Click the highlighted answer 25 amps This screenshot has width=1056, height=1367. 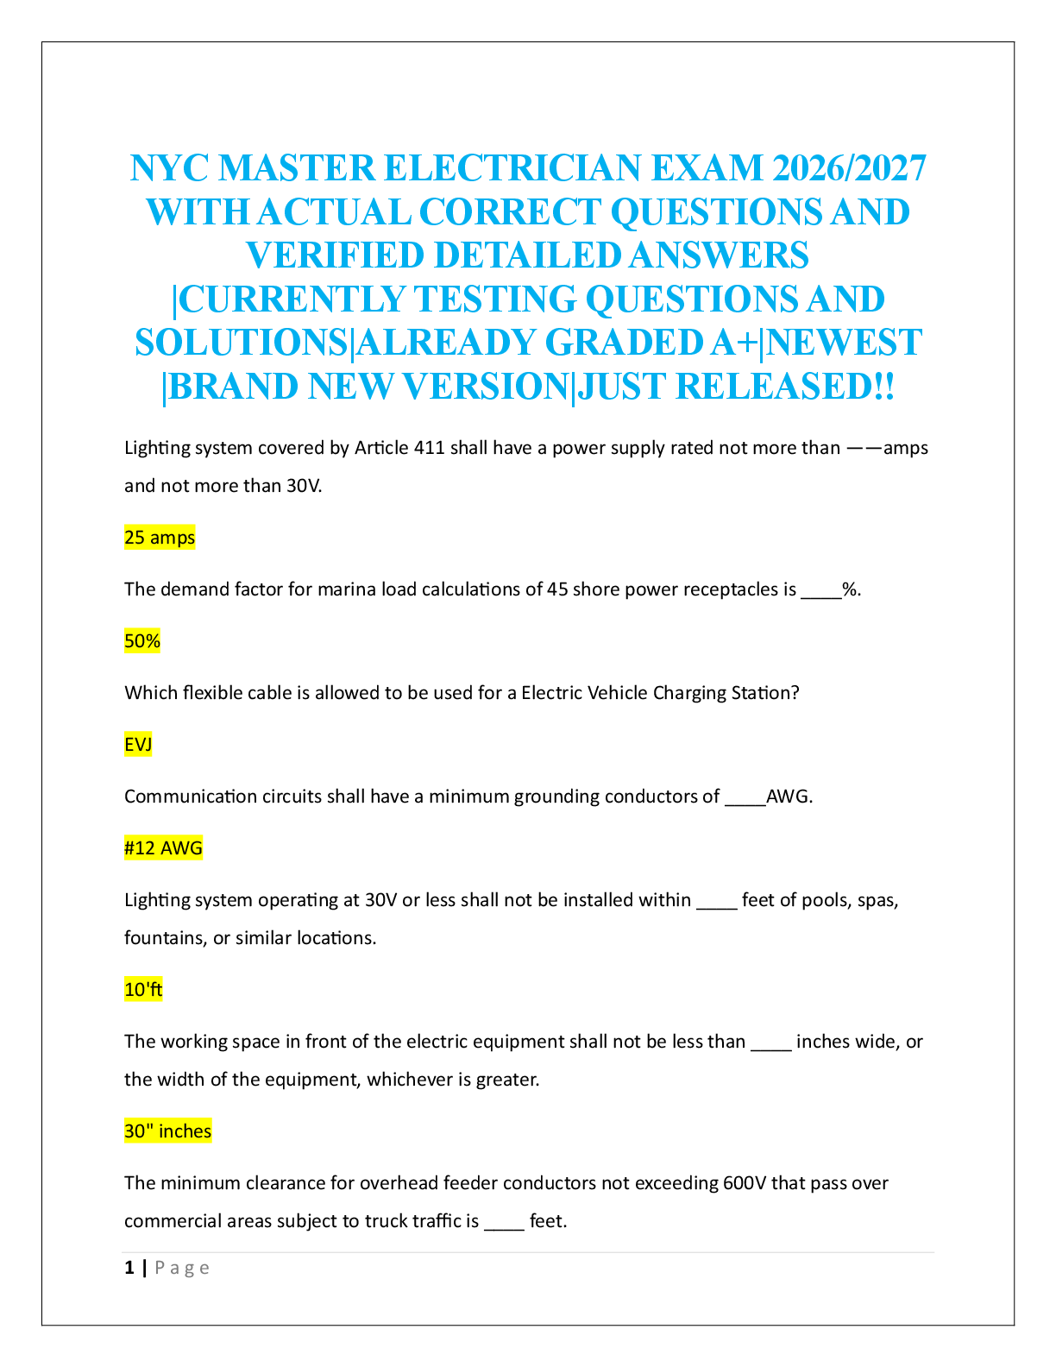[x=160, y=538]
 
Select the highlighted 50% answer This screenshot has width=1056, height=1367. [x=142, y=641]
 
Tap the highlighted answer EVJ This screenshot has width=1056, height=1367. [x=138, y=745]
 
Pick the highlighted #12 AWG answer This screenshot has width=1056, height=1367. [x=163, y=848]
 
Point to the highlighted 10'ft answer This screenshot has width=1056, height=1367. [x=143, y=990]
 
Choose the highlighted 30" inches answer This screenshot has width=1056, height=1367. [x=167, y=1131]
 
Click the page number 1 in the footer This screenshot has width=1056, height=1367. [x=129, y=1268]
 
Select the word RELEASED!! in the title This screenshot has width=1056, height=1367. [x=784, y=387]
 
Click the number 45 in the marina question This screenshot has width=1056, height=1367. [x=557, y=589]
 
